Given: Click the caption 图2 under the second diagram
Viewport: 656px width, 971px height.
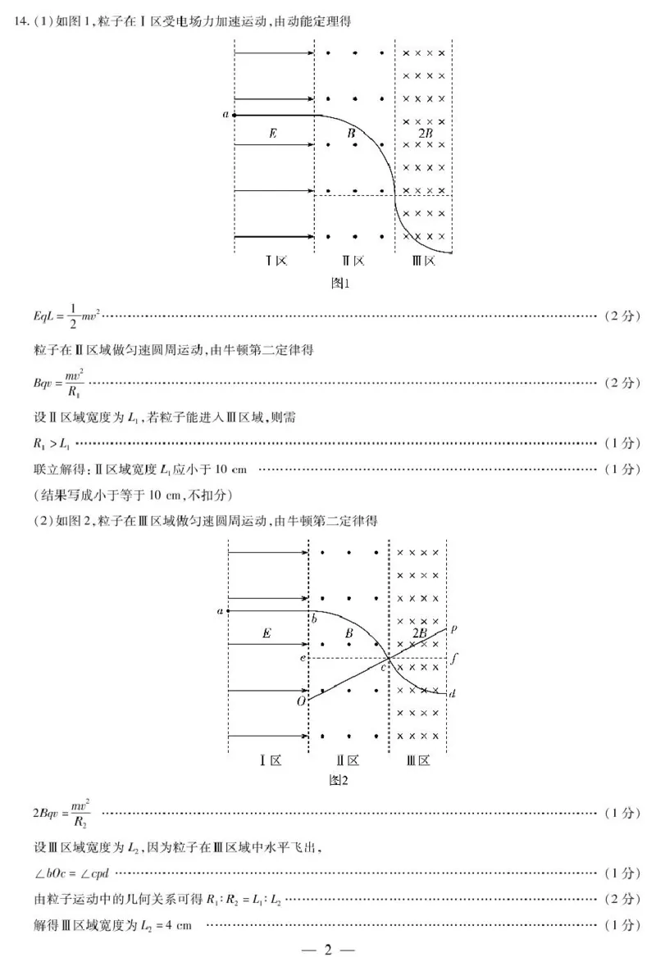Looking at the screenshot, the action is coord(339,780).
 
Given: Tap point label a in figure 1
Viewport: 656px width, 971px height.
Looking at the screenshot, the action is coord(225,115).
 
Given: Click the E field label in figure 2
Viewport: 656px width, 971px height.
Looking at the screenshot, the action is coord(266,633).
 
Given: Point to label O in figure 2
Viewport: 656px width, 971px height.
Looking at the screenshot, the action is coord(301,701).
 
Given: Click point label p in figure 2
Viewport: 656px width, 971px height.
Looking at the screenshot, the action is coord(453,628).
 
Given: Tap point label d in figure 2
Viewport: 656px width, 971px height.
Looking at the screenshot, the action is coord(453,693).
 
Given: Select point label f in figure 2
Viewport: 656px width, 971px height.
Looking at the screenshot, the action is coord(453,657).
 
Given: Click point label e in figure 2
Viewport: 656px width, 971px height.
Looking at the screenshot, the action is coord(302,657).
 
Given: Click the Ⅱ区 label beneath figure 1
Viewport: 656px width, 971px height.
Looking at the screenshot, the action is coord(353,261).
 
